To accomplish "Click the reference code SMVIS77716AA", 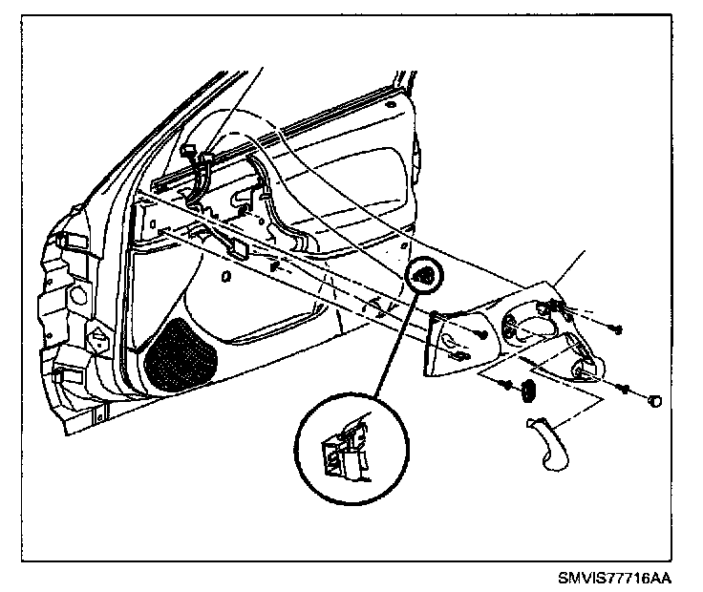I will click(x=615, y=579).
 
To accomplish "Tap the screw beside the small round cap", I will click(x=625, y=388).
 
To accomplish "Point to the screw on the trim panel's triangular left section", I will click(x=483, y=334).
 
